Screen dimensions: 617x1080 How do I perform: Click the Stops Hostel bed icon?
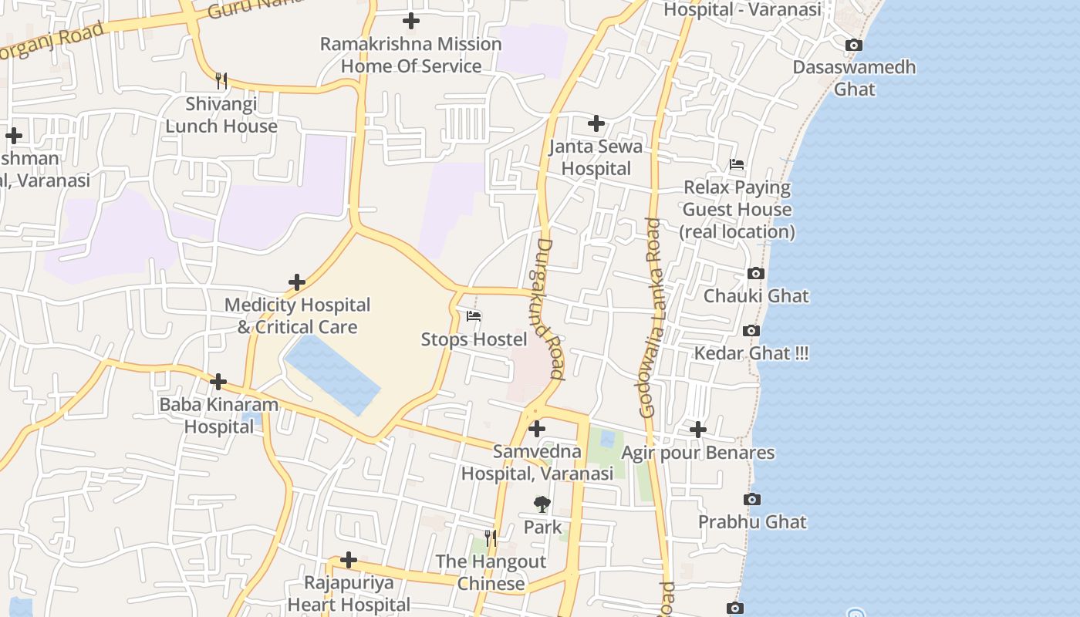click(474, 316)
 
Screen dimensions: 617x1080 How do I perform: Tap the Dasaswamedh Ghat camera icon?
click(854, 46)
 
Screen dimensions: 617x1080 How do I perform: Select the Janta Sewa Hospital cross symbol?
click(596, 123)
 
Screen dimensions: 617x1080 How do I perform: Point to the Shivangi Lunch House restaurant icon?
click(221, 80)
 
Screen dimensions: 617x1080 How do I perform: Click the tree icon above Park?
click(542, 504)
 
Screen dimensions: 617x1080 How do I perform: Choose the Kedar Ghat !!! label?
click(751, 354)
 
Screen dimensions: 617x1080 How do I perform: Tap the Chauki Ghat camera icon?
click(756, 274)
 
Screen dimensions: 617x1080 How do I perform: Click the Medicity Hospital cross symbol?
click(297, 282)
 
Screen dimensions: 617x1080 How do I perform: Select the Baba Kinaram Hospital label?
click(218, 416)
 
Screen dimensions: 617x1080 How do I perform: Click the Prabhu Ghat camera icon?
click(752, 500)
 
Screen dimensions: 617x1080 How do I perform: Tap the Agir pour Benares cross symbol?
click(698, 430)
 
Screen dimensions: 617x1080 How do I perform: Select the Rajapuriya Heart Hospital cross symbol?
click(349, 559)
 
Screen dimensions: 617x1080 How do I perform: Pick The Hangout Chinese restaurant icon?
click(491, 538)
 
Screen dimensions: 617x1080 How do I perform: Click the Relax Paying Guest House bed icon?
click(737, 164)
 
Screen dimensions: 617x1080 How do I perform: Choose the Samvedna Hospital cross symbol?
click(537, 429)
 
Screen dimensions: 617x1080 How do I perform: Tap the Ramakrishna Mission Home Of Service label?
click(411, 56)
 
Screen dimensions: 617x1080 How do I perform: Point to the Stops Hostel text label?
click(474, 339)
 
